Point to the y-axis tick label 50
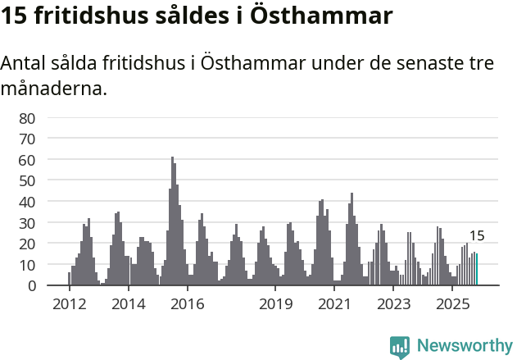tap(27, 180)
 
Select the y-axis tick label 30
tap(27, 223)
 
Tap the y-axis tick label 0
tap(31, 286)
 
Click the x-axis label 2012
tap(69, 304)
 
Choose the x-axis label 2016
tap(188, 304)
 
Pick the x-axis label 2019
tap(276, 304)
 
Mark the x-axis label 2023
tap(394, 304)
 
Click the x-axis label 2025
tap(453, 304)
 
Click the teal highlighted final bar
tap(477, 270)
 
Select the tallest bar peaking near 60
tap(172, 221)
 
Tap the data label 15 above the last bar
tap(477, 236)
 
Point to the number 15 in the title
tap(16, 16)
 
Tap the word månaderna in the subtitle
tap(55, 88)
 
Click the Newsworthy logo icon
tap(400, 346)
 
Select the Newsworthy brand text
tap(464, 346)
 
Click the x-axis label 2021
tap(335, 304)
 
